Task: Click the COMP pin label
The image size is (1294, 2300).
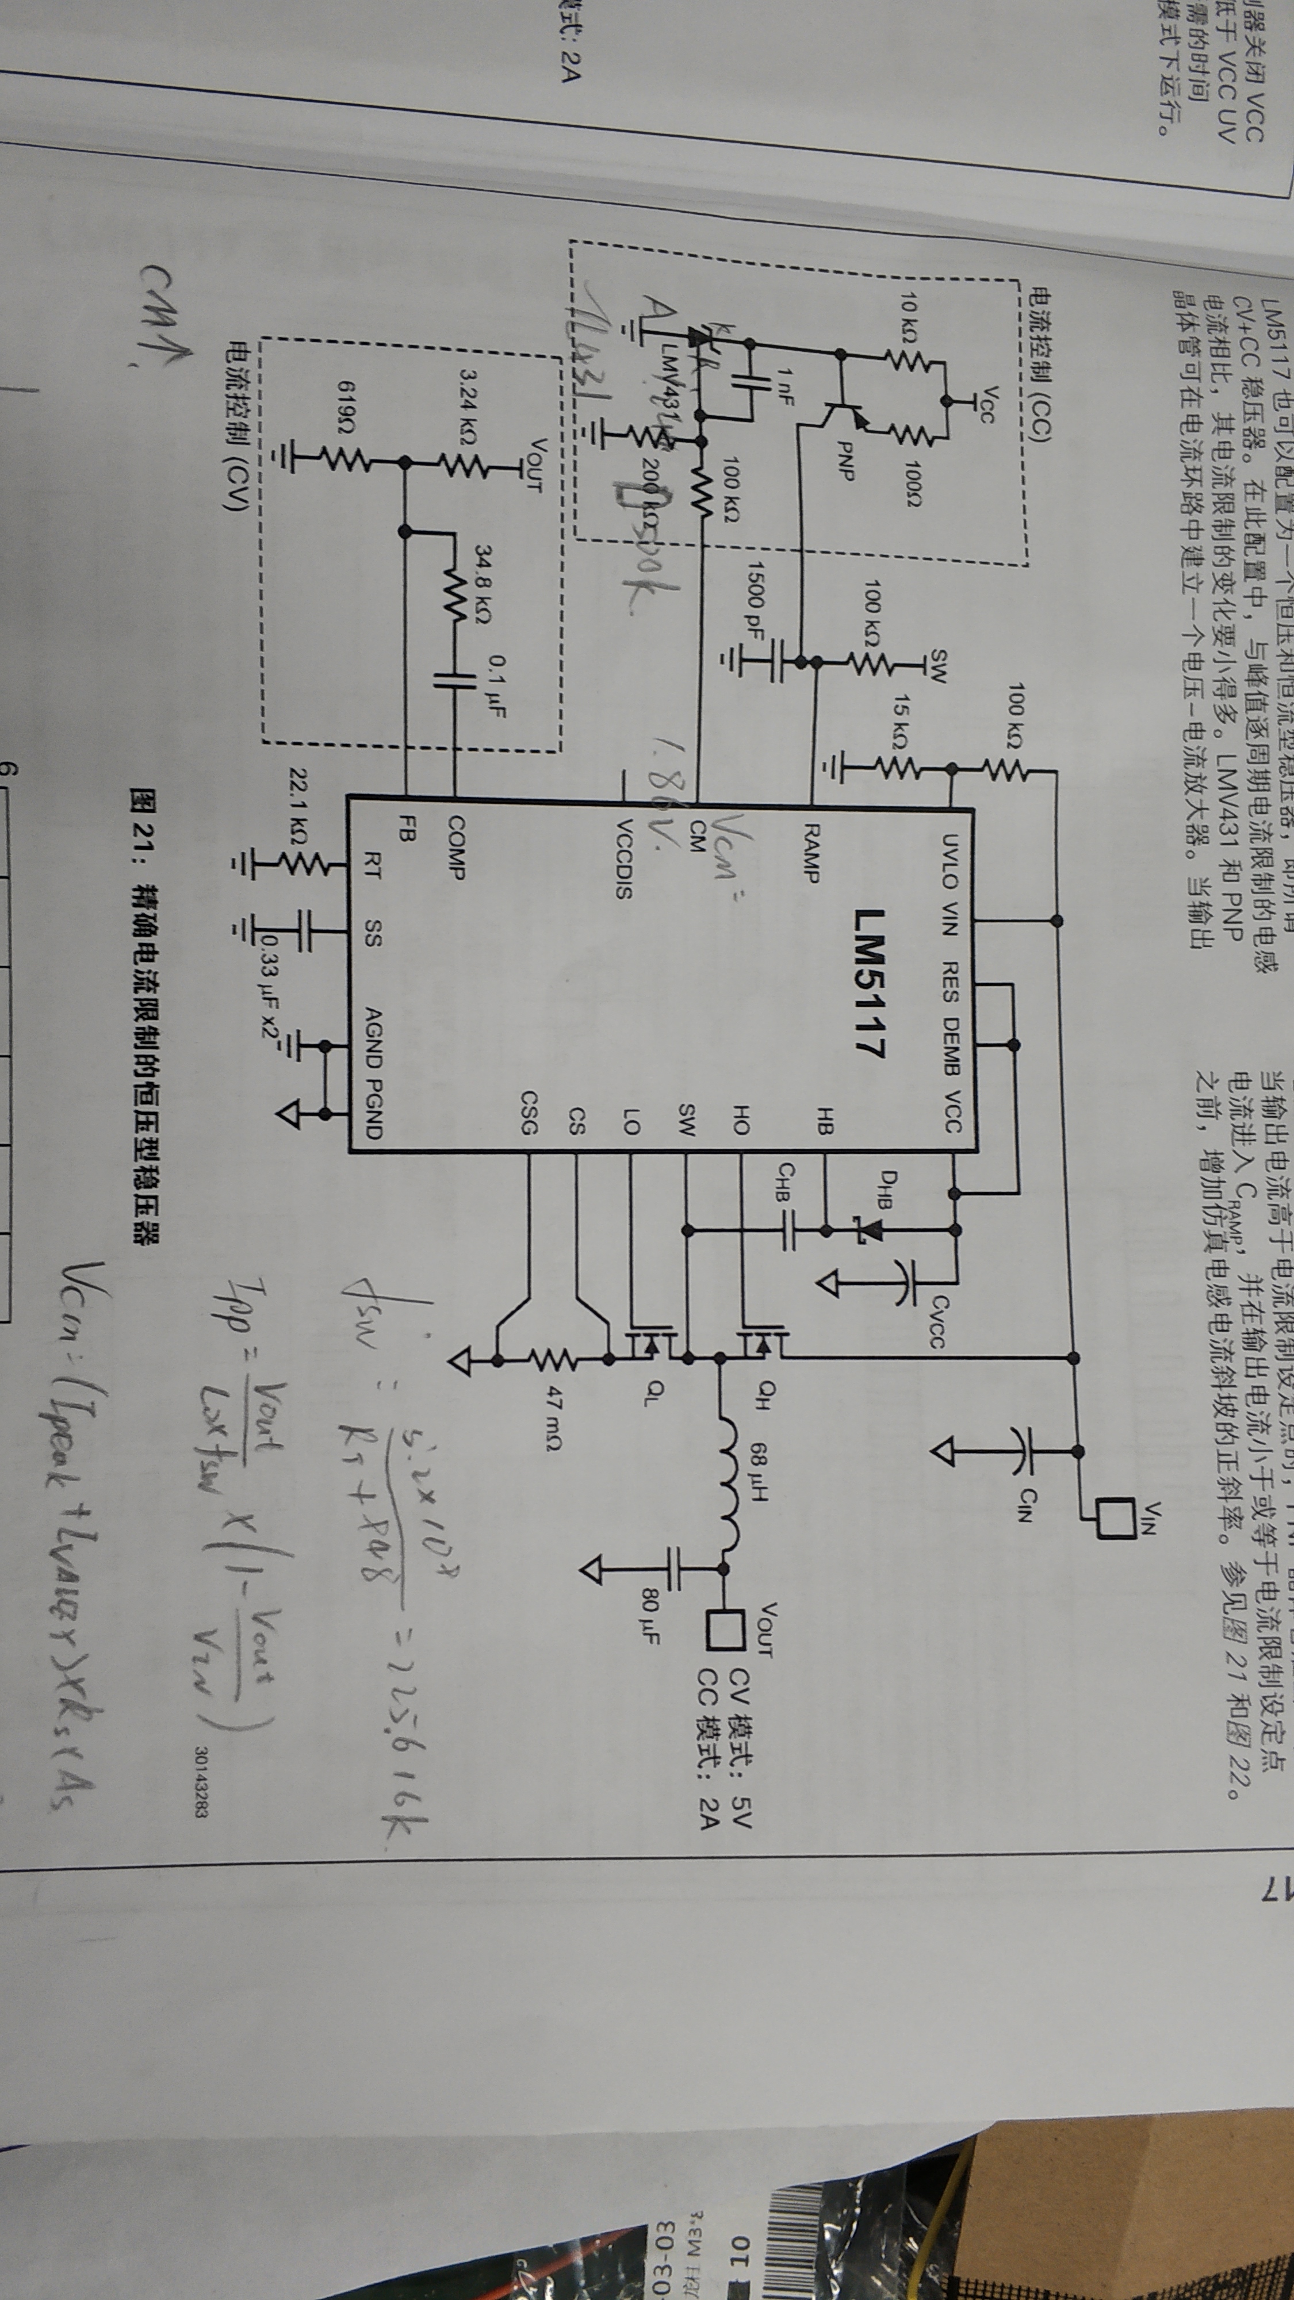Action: pyautogui.click(x=456, y=848)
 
